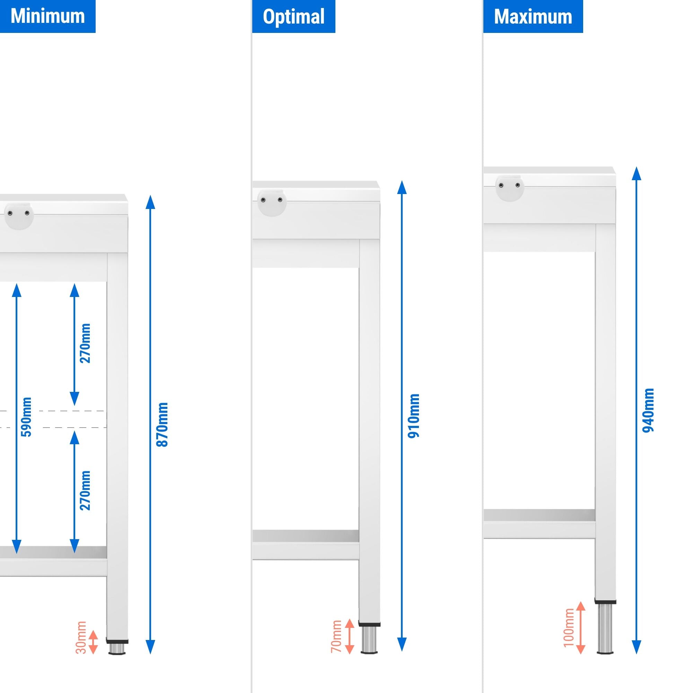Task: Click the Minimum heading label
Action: pyautogui.click(x=48, y=16)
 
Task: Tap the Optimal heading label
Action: pyautogui.click(x=293, y=17)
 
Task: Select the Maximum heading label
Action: pyautogui.click(x=533, y=17)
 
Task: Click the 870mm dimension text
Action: pyautogui.click(x=163, y=424)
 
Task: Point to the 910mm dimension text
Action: pyautogui.click(x=414, y=416)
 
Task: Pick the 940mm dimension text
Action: pyautogui.click(x=648, y=410)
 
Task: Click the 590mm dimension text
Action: pyautogui.click(x=27, y=417)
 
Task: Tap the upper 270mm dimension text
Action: pyautogui.click(x=85, y=343)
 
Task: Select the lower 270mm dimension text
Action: pyautogui.click(x=85, y=490)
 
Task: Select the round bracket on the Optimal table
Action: pyautogui.click(x=272, y=203)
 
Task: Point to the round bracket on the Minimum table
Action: pyautogui.click(x=19, y=216)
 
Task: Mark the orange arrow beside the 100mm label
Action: pyautogui.click(x=581, y=628)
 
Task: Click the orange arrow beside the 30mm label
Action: pyautogui.click(x=93, y=642)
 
